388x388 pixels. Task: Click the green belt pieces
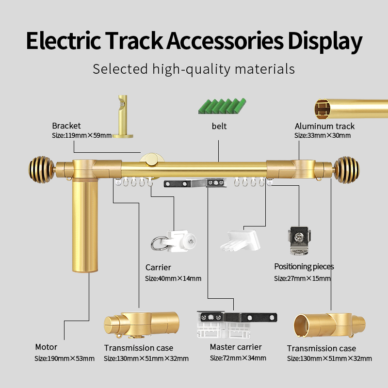click(222, 105)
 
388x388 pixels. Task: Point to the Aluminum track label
click(324, 127)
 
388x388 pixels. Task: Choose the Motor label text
click(46, 347)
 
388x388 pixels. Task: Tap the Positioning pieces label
click(304, 267)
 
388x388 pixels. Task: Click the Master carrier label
click(236, 347)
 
